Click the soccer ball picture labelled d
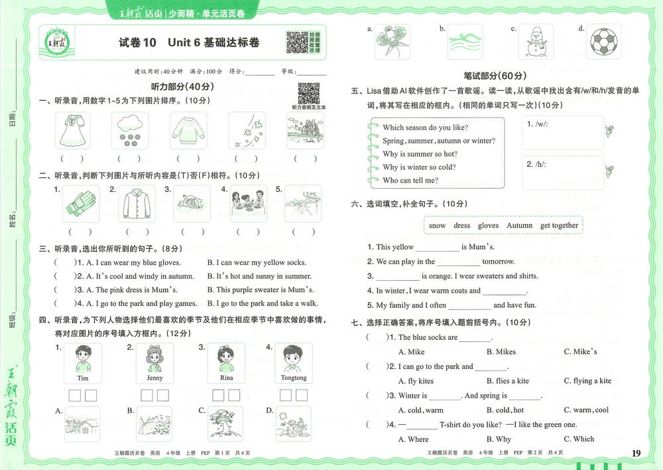click(603, 43)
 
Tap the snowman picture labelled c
click(534, 43)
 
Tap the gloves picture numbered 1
click(81, 203)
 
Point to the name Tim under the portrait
click(82, 378)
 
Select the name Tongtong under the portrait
click(294, 378)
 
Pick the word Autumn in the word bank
click(519, 225)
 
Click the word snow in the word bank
click(437, 225)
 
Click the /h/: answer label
click(536, 164)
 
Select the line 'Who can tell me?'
click(410, 180)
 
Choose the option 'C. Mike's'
click(580, 351)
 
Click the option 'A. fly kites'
click(416, 380)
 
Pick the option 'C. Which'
click(579, 439)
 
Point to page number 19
click(636, 453)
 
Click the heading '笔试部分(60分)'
click(495, 76)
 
